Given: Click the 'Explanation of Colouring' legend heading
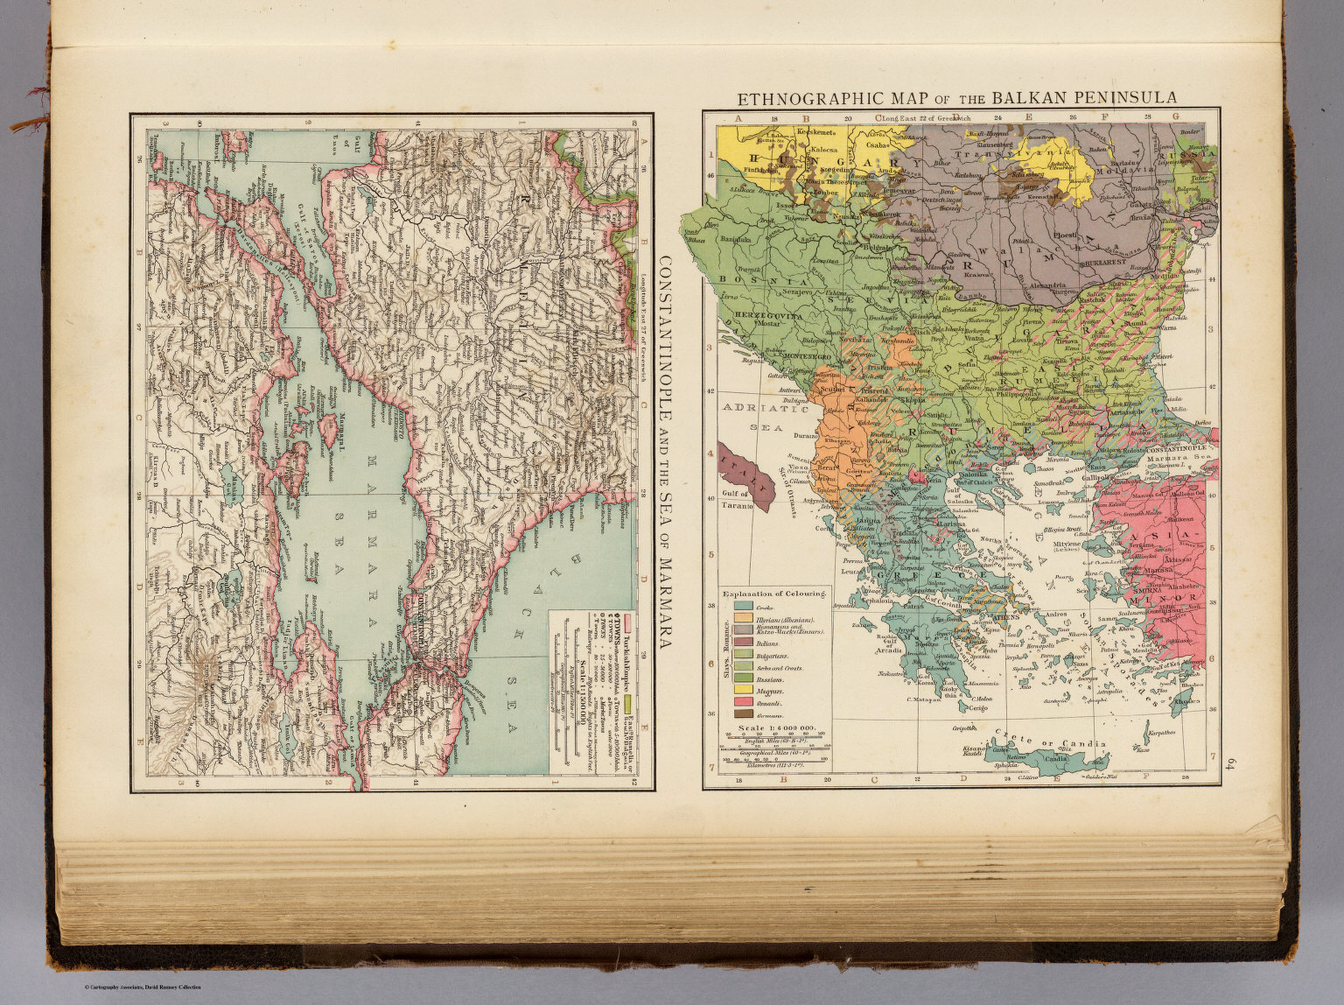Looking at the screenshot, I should [x=773, y=593].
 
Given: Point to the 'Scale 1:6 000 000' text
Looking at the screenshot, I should [x=776, y=727].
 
